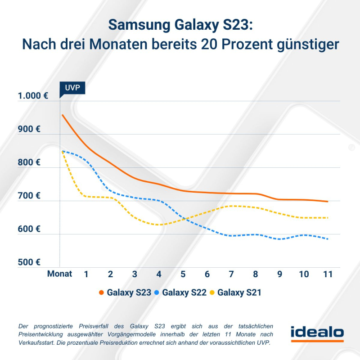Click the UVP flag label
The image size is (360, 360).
point(72,87)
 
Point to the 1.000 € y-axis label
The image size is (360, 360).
point(33,96)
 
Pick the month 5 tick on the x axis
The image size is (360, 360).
point(183,274)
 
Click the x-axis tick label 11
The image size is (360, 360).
point(327,274)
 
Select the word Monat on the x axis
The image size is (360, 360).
point(60,274)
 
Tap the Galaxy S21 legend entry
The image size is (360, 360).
point(235,292)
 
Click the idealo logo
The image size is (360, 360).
point(317,334)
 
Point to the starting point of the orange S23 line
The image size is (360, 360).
point(62,115)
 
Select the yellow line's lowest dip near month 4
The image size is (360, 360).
point(158,224)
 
